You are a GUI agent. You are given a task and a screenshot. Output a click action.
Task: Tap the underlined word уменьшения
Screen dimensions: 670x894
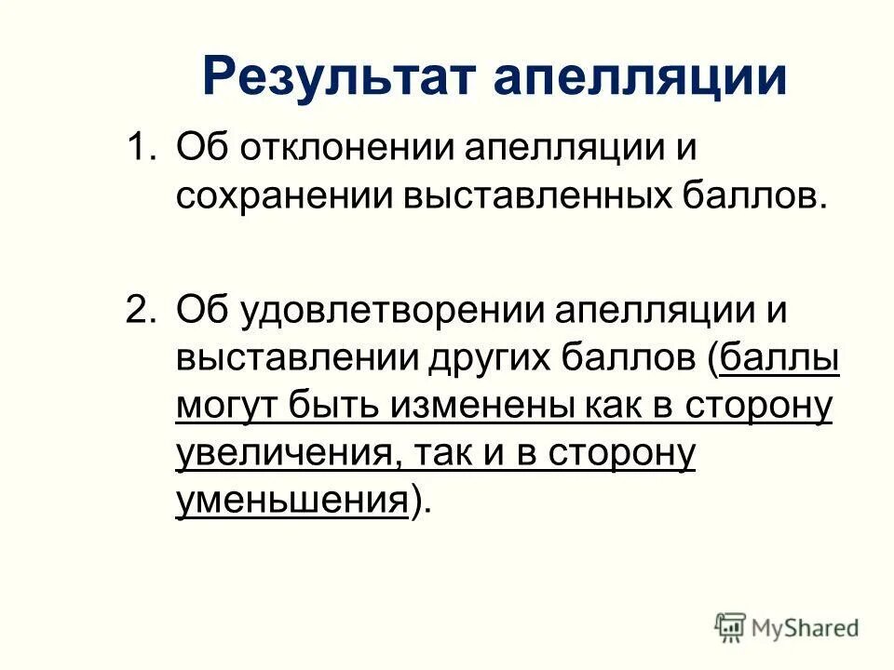click(x=291, y=502)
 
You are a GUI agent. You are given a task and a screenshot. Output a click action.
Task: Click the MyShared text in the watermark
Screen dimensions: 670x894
click(x=806, y=627)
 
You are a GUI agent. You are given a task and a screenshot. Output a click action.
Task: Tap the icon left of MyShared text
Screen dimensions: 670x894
click(x=730, y=627)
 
